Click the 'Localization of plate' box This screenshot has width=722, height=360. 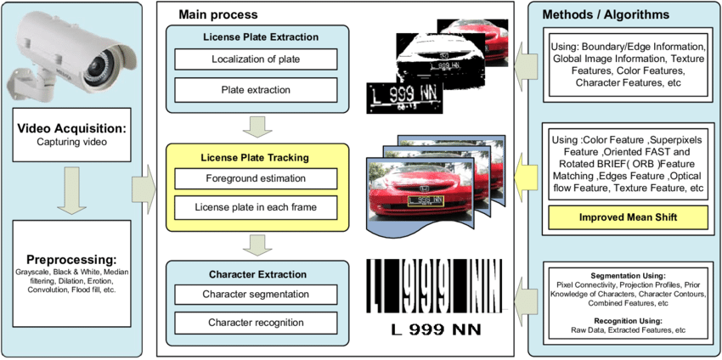click(x=256, y=59)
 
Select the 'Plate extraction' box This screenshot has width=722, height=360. click(x=256, y=89)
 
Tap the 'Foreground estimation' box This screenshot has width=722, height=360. click(x=256, y=179)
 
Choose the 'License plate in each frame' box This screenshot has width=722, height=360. click(x=256, y=207)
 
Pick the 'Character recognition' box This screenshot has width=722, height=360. click(x=256, y=323)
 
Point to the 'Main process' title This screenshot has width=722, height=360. click(x=218, y=14)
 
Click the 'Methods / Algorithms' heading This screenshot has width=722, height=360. click(x=617, y=14)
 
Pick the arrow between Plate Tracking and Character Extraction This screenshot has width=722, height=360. click(x=256, y=244)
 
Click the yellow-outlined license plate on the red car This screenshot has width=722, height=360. click(x=425, y=201)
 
